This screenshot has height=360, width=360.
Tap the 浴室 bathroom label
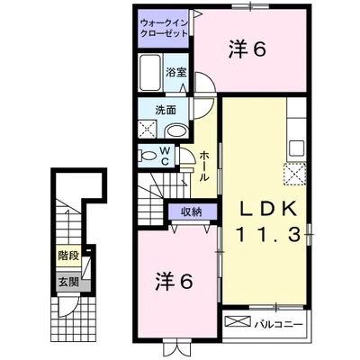[175, 70]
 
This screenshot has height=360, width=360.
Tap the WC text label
[166, 156]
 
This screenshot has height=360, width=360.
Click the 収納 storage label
[192, 212]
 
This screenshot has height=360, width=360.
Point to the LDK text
[266, 208]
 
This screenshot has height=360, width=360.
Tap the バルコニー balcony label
[276, 320]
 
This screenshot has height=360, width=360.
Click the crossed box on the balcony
[236, 320]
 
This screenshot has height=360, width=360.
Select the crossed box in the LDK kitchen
[295, 173]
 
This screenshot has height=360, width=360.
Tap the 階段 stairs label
[68, 256]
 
